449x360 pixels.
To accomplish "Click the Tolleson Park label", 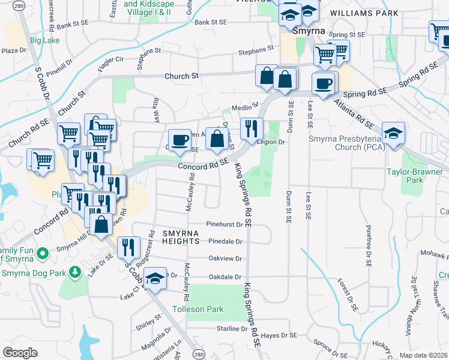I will point(197,310).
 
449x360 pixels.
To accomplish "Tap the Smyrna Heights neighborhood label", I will point(180,236).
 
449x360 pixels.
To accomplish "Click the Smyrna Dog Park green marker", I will point(75,273).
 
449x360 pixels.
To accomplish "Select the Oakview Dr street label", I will point(225,259).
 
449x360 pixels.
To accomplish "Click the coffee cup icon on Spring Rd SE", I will point(324,83).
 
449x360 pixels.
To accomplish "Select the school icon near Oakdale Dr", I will point(155,278).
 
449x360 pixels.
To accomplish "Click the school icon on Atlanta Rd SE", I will point(393,133).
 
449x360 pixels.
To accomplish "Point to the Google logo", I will point(20,352).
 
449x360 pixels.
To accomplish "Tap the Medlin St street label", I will point(246,104).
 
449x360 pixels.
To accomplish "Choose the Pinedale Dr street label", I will point(225,242).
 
